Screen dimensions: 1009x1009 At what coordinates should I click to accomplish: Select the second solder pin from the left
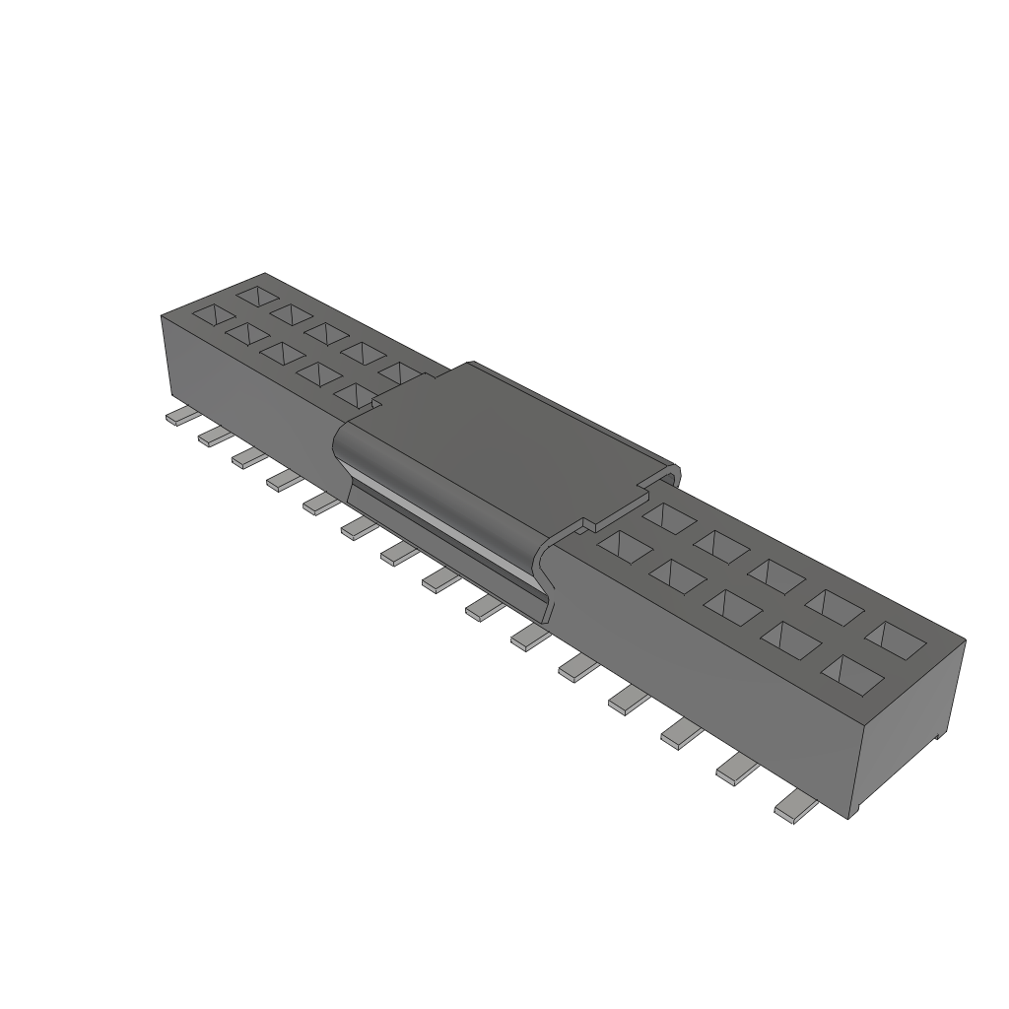[212, 437]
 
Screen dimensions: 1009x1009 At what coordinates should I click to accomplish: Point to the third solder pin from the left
[246, 457]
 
